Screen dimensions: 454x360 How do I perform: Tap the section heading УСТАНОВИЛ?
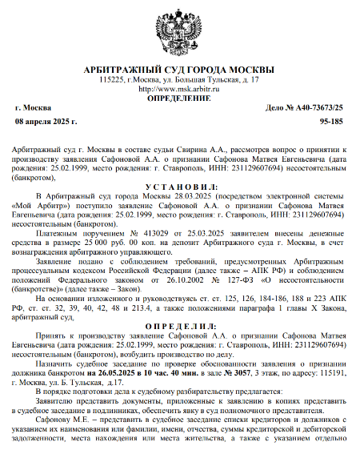pyautogui.click(x=179, y=186)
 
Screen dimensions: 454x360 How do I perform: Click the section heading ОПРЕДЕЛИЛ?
pyautogui.click(x=179, y=326)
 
